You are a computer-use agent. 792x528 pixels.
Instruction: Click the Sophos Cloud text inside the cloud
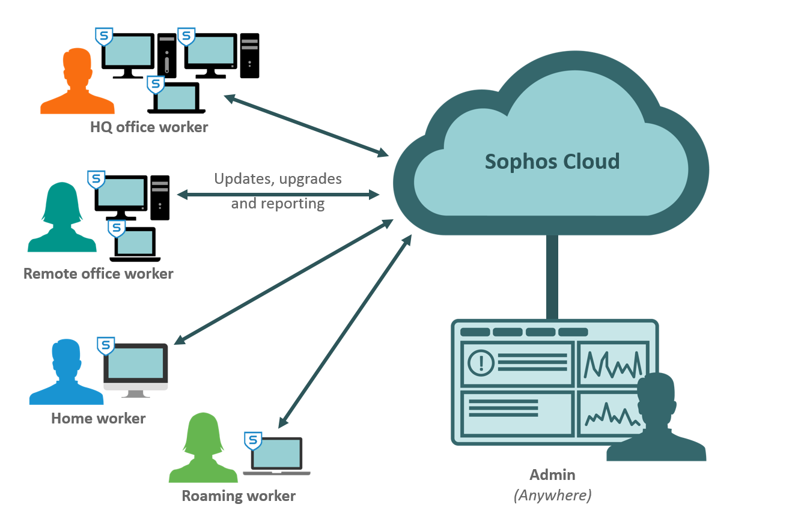point(552,162)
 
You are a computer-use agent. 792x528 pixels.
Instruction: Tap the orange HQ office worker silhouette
point(78,84)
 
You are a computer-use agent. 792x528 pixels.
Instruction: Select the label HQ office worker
point(149,127)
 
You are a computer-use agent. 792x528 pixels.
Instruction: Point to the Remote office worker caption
point(99,274)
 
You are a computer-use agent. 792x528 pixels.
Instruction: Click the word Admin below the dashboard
point(552,475)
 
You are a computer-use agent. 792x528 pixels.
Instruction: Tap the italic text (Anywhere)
point(552,495)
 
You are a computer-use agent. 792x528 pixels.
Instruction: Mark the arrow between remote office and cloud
point(278,195)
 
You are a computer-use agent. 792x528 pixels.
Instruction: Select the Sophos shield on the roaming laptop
point(254,440)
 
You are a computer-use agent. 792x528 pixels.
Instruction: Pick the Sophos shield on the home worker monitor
point(106,345)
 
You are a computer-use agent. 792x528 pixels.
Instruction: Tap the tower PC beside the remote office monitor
point(160,197)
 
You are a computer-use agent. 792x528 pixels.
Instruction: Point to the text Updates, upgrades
point(278,179)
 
